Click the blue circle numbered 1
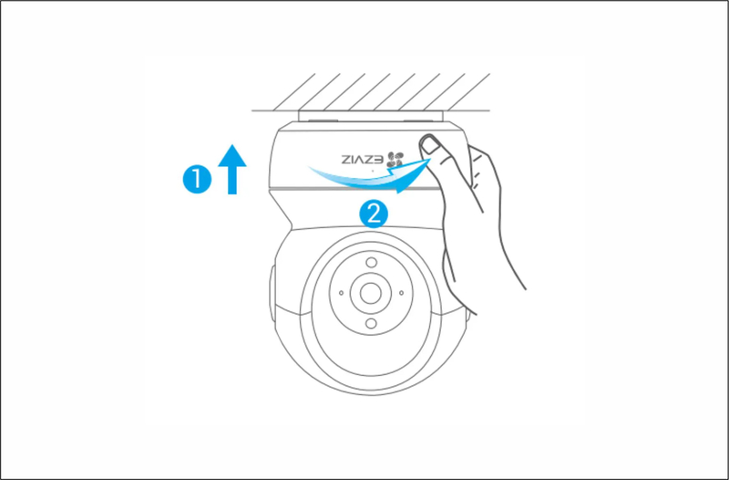[197, 179]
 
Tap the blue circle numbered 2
[374, 214]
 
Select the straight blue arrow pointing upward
[232, 169]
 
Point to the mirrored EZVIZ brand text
[363, 160]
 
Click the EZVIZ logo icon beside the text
[395, 160]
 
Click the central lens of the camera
[371, 293]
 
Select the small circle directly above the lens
[371, 263]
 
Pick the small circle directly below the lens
[371, 323]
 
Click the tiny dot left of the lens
[341, 293]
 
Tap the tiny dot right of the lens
[401, 293]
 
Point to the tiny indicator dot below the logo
[372, 171]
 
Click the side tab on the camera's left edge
[272, 292]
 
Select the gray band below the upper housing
[354, 189]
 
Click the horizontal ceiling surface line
[371, 110]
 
